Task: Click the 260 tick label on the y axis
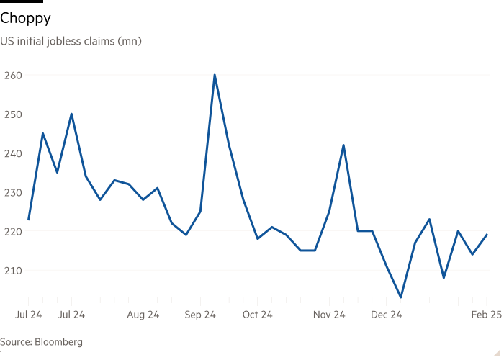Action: point(13,75)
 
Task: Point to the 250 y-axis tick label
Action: point(13,114)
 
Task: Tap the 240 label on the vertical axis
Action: point(13,153)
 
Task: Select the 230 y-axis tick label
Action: point(13,192)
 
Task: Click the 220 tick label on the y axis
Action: point(13,231)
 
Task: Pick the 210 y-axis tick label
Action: point(13,270)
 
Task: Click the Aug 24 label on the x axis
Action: point(143,315)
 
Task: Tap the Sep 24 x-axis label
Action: point(200,315)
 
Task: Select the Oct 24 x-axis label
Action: point(257,315)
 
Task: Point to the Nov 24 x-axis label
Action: point(330,315)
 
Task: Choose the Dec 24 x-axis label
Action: point(387,315)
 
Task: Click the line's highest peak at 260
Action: point(215,75)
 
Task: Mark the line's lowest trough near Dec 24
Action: point(401,296)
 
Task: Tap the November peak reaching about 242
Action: point(343,145)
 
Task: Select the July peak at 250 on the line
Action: point(71,114)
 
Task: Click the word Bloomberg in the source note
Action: point(60,342)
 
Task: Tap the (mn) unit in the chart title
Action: point(130,41)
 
